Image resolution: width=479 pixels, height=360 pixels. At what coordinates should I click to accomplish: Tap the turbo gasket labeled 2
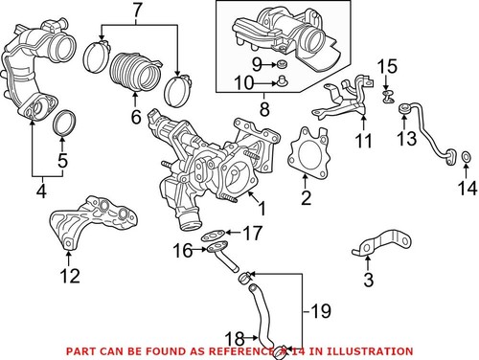pos(305,153)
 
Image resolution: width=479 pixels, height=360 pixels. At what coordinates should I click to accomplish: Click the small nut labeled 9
pos(282,64)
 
